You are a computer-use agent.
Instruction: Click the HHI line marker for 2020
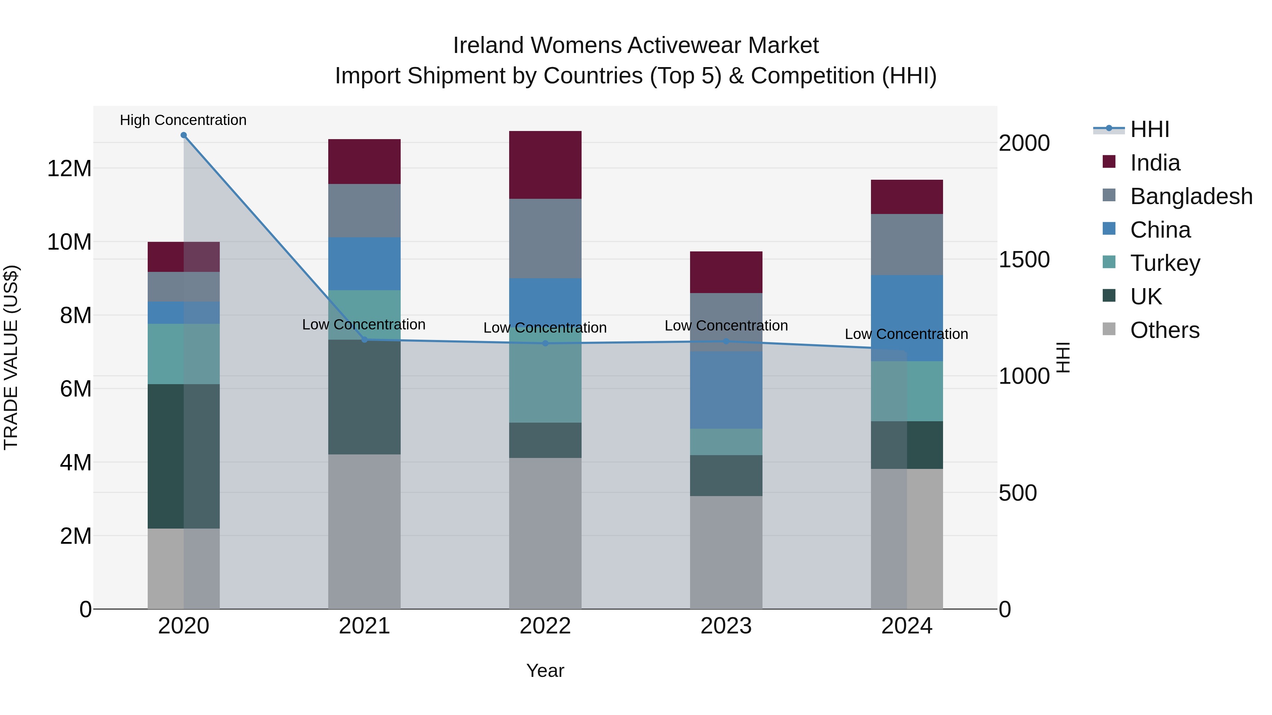click(184, 135)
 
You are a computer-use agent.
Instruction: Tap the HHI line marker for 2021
click(364, 340)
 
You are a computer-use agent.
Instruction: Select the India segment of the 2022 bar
click(545, 165)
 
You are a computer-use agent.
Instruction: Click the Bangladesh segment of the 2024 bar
click(907, 244)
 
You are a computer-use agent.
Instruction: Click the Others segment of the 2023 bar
click(726, 552)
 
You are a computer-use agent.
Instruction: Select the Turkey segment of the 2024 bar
click(907, 391)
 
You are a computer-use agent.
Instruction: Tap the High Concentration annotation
click(183, 120)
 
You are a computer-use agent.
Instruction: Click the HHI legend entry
click(1149, 129)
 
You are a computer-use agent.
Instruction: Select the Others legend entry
click(1164, 330)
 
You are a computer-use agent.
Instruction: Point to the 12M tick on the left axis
click(69, 169)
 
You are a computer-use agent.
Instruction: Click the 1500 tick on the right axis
click(1024, 260)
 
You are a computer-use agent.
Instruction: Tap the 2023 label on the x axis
click(726, 626)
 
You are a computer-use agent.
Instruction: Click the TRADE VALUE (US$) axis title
click(11, 357)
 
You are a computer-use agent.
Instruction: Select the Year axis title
click(545, 671)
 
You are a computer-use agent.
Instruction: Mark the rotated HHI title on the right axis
click(1063, 357)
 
